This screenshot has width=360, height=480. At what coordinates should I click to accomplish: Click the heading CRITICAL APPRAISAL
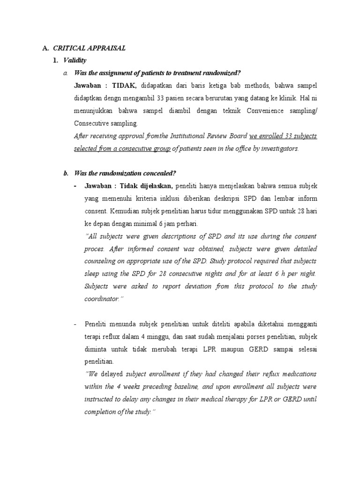89,48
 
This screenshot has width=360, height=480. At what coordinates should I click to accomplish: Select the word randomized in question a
220,73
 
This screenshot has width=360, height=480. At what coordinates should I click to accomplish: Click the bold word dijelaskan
157,186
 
